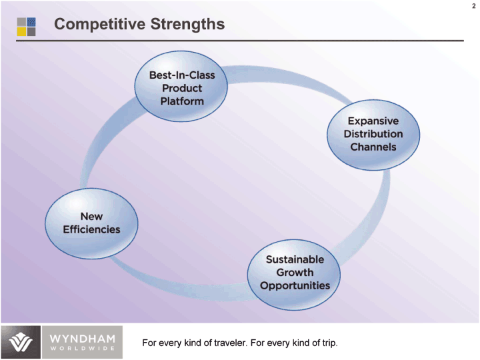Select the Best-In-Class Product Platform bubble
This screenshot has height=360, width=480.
[x=182, y=87]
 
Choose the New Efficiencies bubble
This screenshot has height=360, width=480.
[x=91, y=223]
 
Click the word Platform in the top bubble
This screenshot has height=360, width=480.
[x=182, y=101]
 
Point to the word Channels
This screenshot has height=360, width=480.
[x=373, y=147]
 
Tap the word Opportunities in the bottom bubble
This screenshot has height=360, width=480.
[x=295, y=285]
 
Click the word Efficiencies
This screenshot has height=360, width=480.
[x=91, y=229]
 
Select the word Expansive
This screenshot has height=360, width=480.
[x=373, y=121]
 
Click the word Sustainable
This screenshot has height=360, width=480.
[x=295, y=259]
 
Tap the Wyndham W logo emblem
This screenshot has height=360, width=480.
[x=20, y=342]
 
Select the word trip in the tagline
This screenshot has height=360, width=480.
[x=328, y=343]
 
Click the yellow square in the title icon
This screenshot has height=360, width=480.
[x=21, y=31]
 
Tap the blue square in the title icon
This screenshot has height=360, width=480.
[x=31, y=21]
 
